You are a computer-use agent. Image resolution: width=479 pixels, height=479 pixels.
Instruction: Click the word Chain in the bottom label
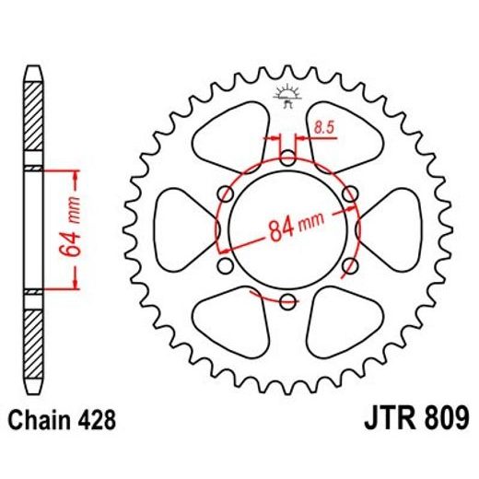point(41,421)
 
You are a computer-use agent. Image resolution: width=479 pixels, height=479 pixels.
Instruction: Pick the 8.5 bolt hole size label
point(322,128)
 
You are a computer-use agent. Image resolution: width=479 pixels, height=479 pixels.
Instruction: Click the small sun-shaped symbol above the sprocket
point(286,95)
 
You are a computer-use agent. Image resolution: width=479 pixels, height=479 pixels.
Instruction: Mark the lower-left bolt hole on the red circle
point(226,265)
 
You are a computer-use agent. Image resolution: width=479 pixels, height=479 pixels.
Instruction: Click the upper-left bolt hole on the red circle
point(226,193)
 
